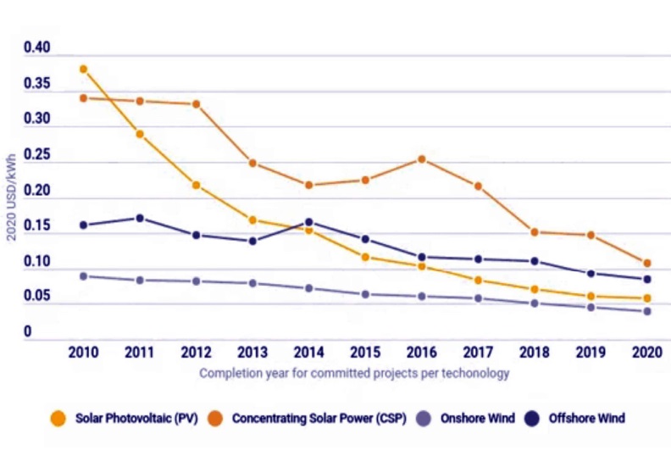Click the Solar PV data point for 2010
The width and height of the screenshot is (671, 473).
[83, 69]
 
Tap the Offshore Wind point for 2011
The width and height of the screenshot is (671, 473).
[140, 218]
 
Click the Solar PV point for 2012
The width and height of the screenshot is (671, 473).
[196, 185]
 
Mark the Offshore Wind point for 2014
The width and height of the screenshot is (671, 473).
[309, 222]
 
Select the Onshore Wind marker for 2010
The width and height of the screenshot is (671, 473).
[83, 275]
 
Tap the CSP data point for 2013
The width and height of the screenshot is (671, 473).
[252, 163]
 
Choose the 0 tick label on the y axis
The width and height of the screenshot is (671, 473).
[27, 332]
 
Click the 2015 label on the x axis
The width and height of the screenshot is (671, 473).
[364, 353]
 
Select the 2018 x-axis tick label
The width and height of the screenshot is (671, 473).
[535, 353]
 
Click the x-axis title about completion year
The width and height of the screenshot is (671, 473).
[354, 373]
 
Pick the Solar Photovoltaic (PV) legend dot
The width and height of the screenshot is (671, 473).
[58, 418]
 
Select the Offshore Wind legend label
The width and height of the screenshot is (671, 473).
[587, 418]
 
